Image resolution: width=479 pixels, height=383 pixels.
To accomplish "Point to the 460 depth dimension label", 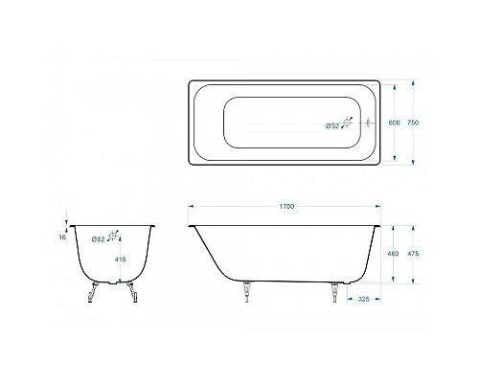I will pos(392,254).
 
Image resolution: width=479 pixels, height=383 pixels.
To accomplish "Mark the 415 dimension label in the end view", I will pos(120,260).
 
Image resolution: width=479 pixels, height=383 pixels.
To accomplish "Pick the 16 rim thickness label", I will pos(63,237).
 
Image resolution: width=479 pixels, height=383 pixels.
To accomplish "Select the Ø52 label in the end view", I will pos(98,238).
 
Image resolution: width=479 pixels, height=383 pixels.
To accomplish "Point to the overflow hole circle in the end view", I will pos(114,237).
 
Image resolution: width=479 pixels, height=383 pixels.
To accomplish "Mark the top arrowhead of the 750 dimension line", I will pos(414,81).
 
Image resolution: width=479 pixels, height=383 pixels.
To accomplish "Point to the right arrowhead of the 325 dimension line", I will pos(380,299).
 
